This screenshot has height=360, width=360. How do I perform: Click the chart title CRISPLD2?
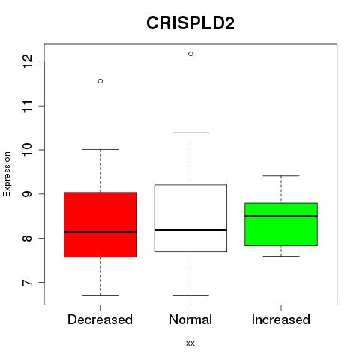click(190, 23)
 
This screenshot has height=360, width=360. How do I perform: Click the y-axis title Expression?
click(7, 174)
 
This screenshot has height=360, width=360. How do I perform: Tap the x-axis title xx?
click(190, 343)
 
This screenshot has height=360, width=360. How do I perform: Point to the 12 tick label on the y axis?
click(27, 61)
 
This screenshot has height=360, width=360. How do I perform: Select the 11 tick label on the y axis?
click(27, 106)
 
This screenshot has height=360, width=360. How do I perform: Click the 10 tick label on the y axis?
click(27, 150)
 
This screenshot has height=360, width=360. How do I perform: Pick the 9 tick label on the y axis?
click(27, 194)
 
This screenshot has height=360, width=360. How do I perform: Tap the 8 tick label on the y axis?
click(27, 238)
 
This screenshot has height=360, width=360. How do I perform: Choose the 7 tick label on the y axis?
click(27, 282)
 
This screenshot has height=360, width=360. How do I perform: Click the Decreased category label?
click(100, 319)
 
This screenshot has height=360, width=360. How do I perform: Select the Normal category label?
click(190, 319)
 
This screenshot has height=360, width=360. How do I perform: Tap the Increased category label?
click(281, 319)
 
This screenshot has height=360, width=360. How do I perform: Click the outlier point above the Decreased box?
click(100, 81)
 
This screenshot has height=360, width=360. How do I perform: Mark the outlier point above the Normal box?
click(190, 54)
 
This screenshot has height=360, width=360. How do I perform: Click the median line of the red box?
click(100, 232)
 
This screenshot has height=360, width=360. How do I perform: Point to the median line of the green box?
click(281, 216)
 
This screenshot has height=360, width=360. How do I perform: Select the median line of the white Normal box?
click(190, 230)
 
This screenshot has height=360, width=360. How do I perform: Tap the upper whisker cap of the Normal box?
click(190, 133)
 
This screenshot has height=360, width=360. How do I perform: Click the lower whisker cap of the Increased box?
click(281, 256)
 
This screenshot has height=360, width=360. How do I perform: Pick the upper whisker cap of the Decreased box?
click(100, 149)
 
